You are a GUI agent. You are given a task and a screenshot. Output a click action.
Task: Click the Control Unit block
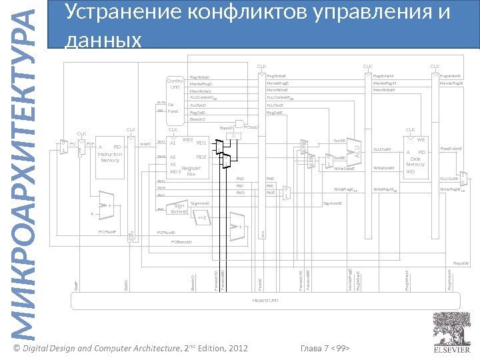click(176, 84)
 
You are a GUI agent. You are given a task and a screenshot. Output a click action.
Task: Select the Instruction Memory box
click(108, 154)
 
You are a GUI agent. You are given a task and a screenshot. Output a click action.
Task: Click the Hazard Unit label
click(264, 301)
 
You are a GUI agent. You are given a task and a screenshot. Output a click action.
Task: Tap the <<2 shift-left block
click(201, 217)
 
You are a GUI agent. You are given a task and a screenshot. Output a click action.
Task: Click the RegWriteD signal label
click(201, 77)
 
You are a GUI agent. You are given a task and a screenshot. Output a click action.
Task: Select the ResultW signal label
click(461, 264)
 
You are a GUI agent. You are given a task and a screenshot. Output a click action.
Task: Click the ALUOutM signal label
click(382, 150)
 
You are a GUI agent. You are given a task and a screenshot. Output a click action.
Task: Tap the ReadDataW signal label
click(451, 149)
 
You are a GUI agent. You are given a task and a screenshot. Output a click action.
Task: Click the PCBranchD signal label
click(181, 242)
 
